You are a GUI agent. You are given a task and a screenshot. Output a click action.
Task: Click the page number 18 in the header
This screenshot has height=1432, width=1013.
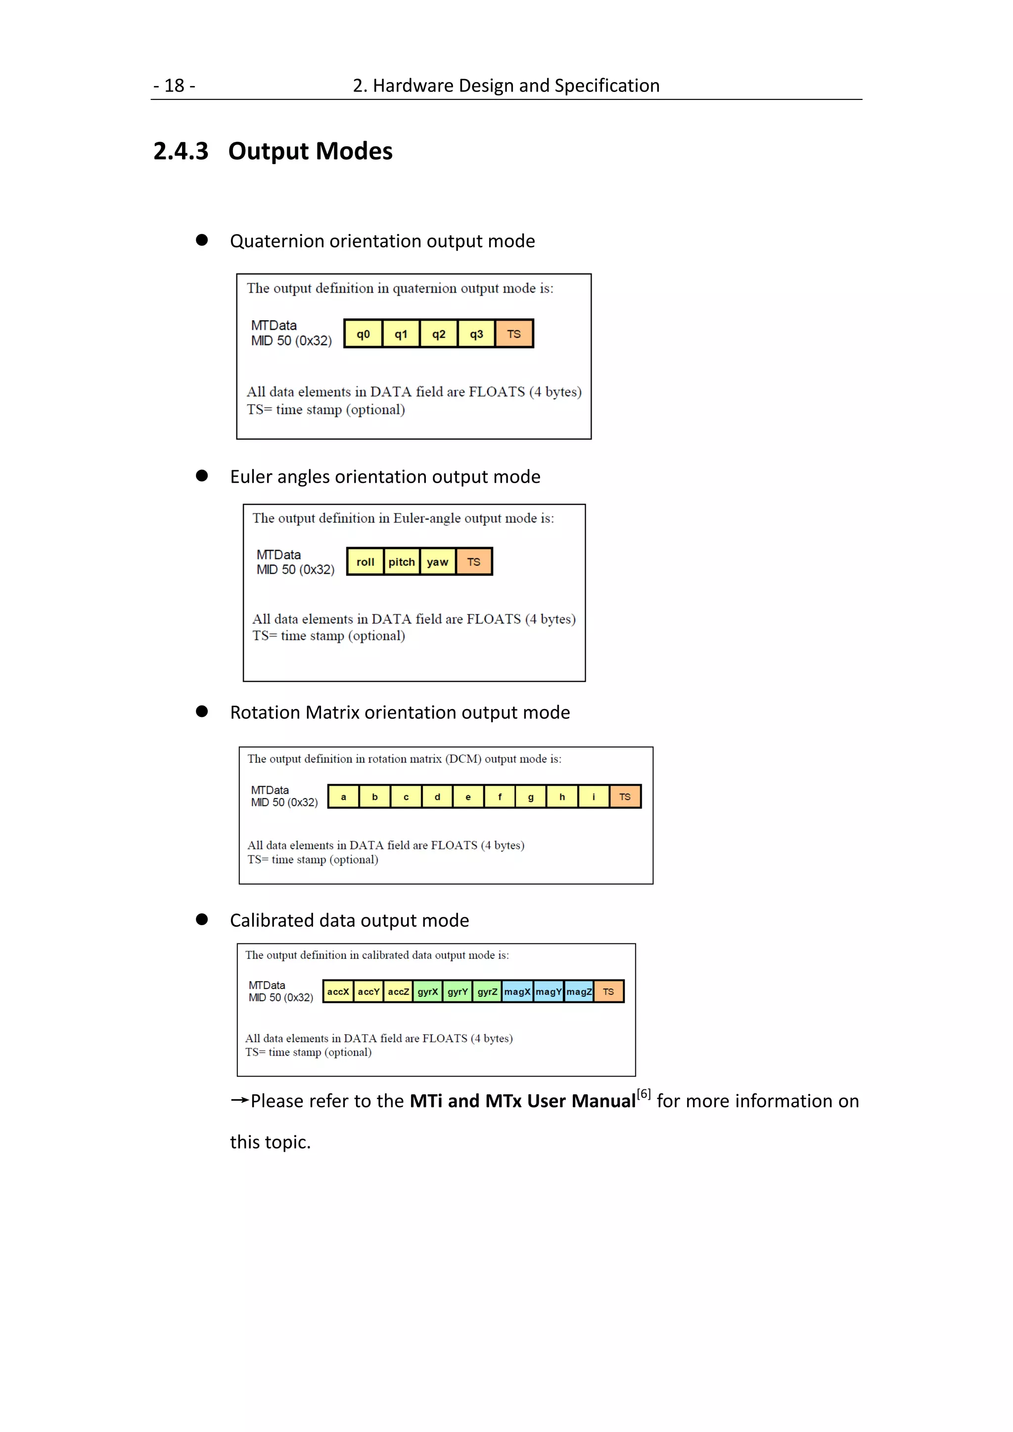coord(174,86)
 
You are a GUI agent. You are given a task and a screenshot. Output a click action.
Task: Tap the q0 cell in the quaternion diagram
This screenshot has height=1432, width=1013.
coord(363,334)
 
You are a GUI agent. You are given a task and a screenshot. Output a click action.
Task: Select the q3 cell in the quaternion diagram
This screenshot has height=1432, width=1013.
coord(476,334)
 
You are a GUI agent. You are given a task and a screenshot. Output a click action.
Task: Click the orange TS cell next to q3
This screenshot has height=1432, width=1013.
coord(514,334)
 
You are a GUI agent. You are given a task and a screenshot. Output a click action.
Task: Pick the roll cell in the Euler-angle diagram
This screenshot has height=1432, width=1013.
coord(365,562)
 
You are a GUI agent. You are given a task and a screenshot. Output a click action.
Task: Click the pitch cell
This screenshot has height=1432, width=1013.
coord(401,562)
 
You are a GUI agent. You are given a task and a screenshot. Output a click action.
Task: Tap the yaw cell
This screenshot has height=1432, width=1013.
coord(437,562)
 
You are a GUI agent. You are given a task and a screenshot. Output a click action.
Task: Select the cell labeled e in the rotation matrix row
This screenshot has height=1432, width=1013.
coord(468,797)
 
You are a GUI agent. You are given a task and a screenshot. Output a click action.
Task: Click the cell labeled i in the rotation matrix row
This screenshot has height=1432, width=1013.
coord(593,797)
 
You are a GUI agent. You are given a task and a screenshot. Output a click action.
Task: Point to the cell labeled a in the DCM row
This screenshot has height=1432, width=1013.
coord(343,797)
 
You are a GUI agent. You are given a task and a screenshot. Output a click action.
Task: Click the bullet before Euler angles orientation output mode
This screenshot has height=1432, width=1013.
coord(201,476)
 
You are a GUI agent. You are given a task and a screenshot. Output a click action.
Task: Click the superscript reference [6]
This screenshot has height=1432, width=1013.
coord(644,1094)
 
